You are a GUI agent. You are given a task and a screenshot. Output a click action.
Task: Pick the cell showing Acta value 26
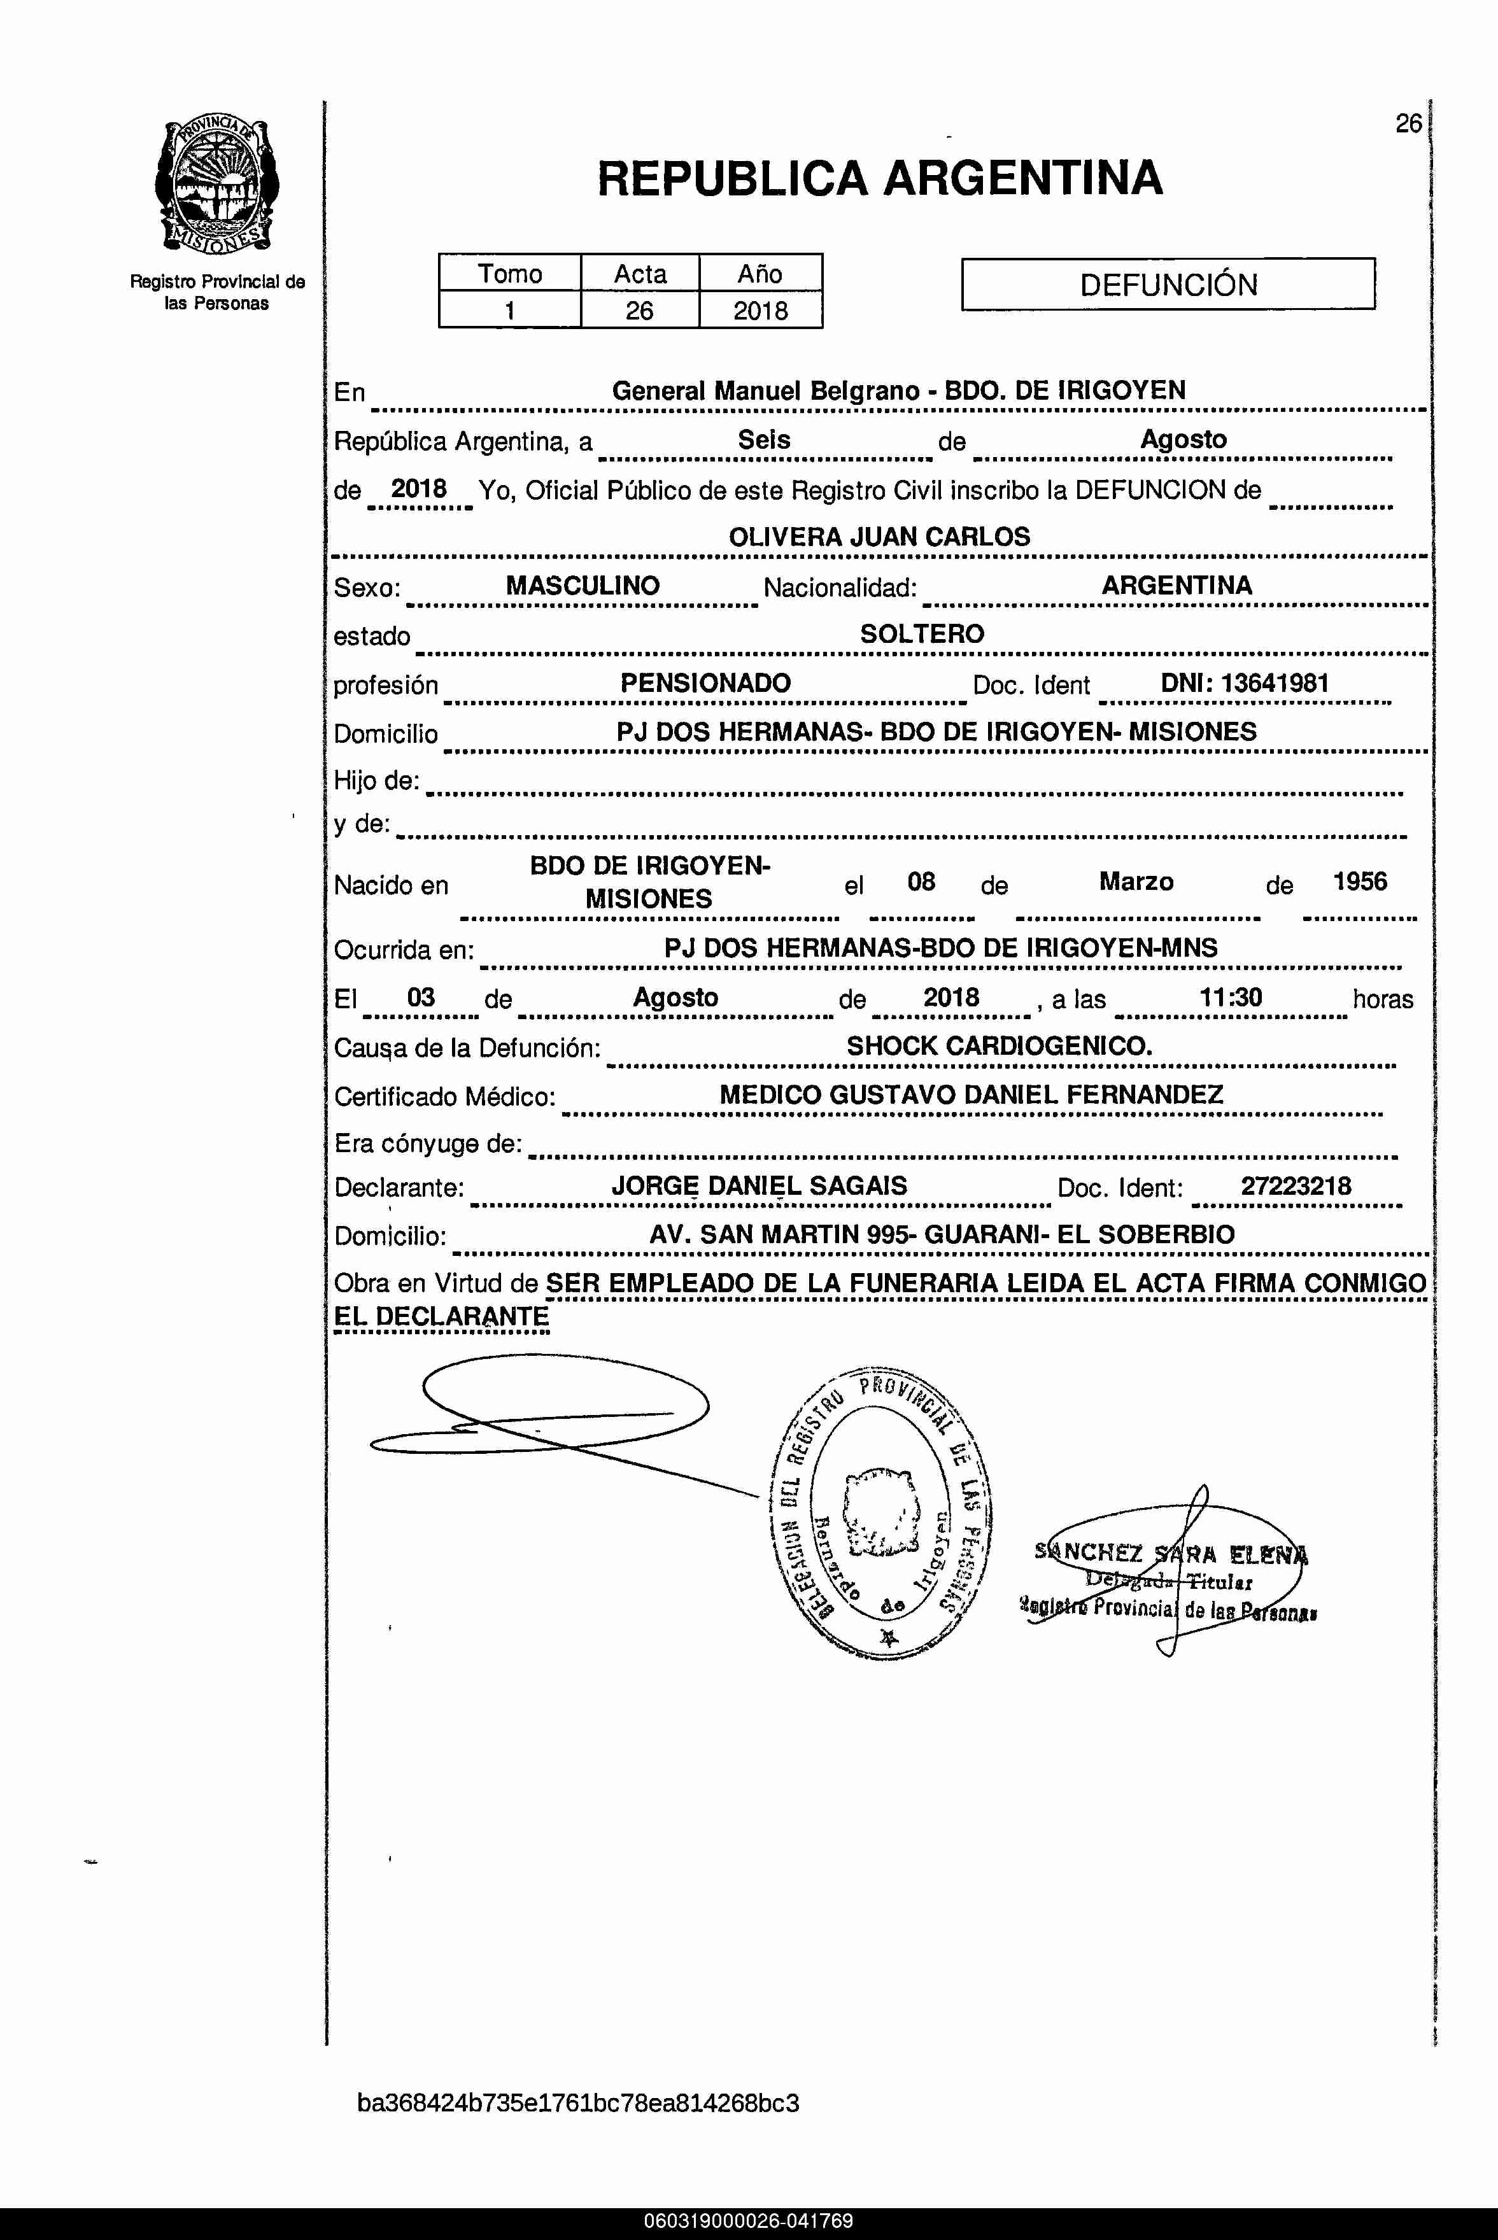click(639, 311)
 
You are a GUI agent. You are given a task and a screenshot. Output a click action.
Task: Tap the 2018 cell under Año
click(761, 311)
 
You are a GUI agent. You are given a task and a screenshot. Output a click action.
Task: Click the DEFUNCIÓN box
click(1168, 285)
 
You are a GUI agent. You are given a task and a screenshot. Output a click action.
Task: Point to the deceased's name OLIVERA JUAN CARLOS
click(879, 537)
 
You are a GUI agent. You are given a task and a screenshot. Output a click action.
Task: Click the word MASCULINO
click(582, 586)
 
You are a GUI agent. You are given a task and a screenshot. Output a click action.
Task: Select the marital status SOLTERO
click(921, 634)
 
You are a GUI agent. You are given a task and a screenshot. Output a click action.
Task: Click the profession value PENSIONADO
click(705, 683)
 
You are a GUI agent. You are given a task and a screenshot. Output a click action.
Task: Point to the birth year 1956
click(1359, 881)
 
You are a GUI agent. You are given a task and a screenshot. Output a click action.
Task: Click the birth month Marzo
click(1136, 881)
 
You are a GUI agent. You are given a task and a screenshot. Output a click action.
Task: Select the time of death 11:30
click(1231, 998)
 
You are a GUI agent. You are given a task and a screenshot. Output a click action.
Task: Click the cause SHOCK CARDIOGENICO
click(1000, 1046)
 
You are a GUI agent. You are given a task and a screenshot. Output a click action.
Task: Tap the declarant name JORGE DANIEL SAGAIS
click(759, 1187)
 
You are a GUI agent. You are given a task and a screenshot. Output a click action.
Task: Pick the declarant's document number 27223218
click(1296, 1187)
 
